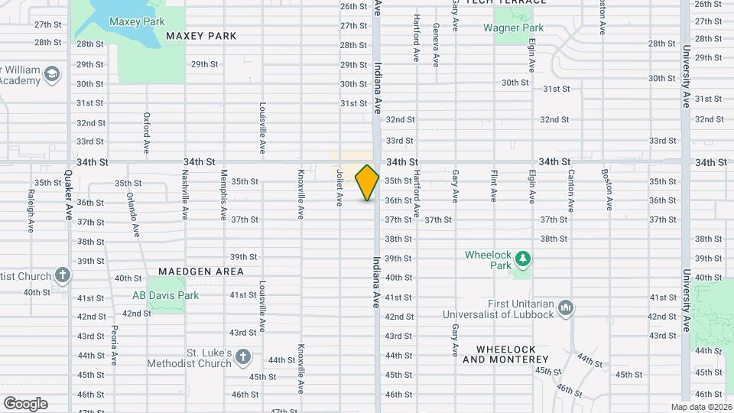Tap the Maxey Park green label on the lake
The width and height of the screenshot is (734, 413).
click(x=137, y=21)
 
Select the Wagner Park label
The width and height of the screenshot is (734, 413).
click(x=513, y=28)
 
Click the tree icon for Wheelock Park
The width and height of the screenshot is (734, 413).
click(x=523, y=259)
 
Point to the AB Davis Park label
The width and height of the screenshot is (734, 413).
click(x=165, y=295)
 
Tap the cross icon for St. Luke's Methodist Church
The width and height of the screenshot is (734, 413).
click(x=242, y=357)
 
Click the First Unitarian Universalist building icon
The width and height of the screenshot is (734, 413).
click(x=567, y=307)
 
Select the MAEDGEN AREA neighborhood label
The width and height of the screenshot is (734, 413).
click(x=201, y=272)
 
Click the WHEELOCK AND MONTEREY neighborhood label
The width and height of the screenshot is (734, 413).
click(x=499, y=354)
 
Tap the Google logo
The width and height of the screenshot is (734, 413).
click(x=25, y=404)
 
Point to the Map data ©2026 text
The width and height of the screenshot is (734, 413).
click(x=701, y=407)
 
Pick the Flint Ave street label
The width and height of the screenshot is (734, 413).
click(x=494, y=186)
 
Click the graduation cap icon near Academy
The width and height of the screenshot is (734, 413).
click(x=52, y=74)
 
